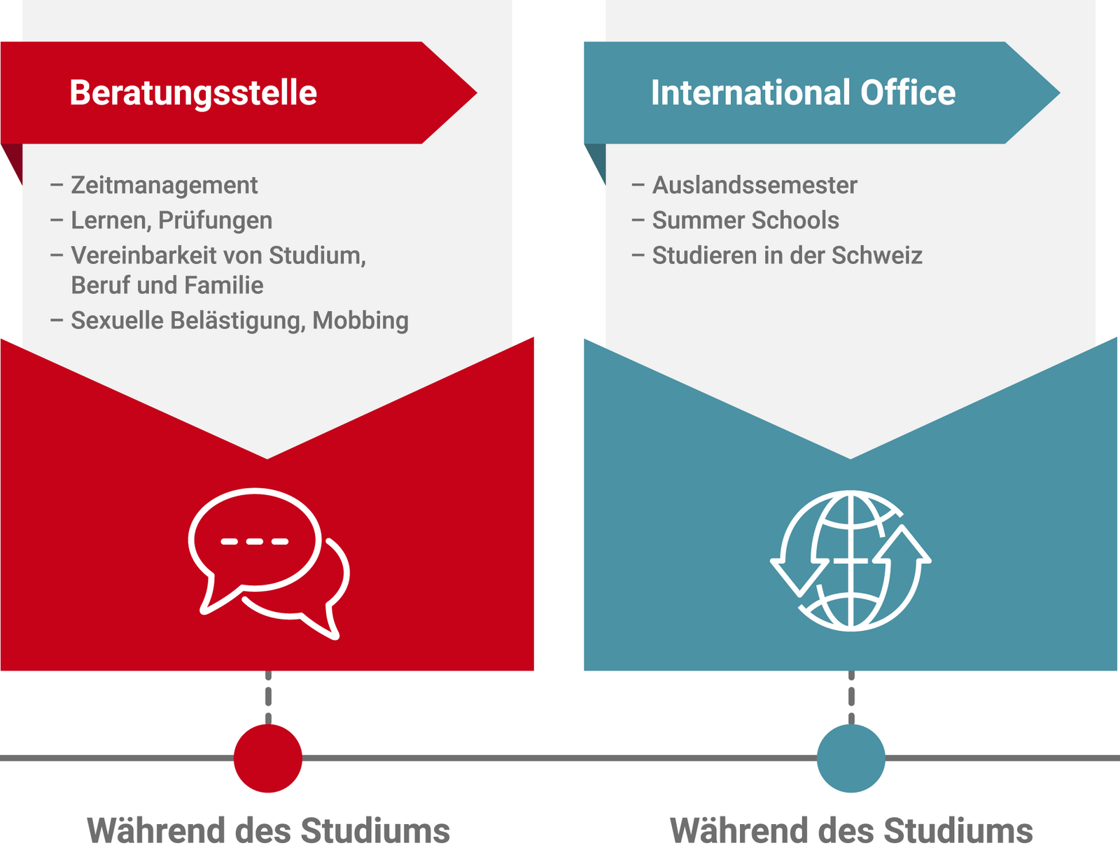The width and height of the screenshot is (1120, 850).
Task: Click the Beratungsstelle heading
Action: click(x=193, y=93)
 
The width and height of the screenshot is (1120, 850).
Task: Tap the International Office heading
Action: click(x=803, y=92)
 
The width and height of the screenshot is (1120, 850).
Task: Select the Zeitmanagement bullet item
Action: click(x=164, y=185)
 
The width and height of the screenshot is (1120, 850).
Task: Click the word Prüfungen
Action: click(x=215, y=221)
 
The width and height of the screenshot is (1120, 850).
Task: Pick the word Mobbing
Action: click(x=360, y=321)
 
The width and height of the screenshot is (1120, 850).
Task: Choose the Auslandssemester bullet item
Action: click(x=754, y=185)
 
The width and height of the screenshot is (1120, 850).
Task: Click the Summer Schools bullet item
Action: click(x=745, y=220)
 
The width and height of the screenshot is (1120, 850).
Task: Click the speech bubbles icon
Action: click(x=269, y=564)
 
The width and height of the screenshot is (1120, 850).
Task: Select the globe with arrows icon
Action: click(x=850, y=561)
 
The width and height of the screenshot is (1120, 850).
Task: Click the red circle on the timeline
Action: click(x=268, y=758)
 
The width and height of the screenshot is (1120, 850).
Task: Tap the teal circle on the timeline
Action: click(x=850, y=758)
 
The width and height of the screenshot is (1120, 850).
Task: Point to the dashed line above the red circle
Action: click(x=268, y=697)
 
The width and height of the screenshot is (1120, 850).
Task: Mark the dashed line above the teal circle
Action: click(x=851, y=697)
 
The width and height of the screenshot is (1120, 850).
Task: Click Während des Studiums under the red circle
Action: click(x=268, y=830)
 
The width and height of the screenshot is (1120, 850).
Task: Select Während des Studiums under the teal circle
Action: click(x=851, y=830)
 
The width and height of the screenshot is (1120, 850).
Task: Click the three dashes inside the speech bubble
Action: click(x=255, y=541)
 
